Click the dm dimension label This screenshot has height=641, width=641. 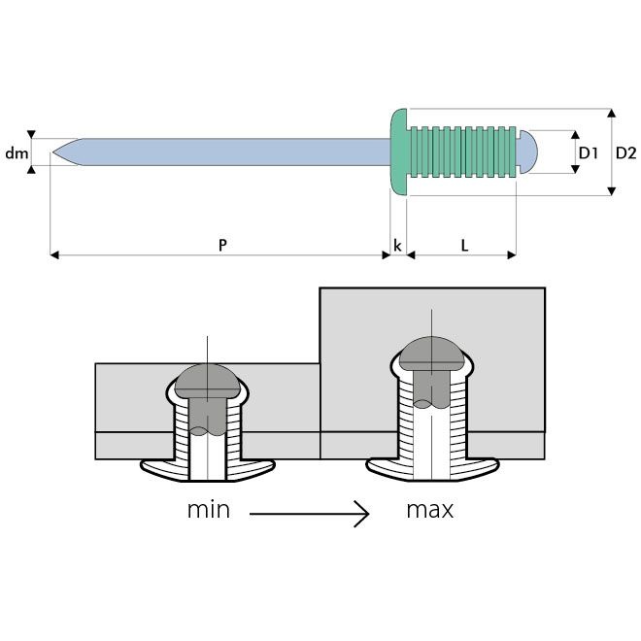click(17, 153)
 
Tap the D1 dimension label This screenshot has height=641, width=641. click(589, 152)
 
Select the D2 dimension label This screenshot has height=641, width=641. click(625, 152)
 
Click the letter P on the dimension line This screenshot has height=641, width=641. click(222, 245)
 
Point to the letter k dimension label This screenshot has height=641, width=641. click(397, 246)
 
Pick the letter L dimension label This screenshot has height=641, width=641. click(464, 246)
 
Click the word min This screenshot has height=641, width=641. click(209, 510)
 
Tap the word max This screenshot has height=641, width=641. click(430, 511)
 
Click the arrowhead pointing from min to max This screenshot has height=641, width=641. click(362, 514)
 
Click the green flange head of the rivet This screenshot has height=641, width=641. click(399, 152)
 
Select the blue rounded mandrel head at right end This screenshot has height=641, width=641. click(527, 152)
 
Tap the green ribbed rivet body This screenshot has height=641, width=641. click(462, 152)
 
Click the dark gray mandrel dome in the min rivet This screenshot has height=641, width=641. click(207, 381)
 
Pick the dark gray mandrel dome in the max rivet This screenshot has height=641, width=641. click(431, 354)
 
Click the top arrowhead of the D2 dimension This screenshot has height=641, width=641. click(611, 114)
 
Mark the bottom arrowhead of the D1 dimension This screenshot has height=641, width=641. click(575, 169)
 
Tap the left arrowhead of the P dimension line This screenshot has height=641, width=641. click(54, 255)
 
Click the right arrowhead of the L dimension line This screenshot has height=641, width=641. click(512, 255)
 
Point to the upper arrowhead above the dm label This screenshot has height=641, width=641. click(31, 134)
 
